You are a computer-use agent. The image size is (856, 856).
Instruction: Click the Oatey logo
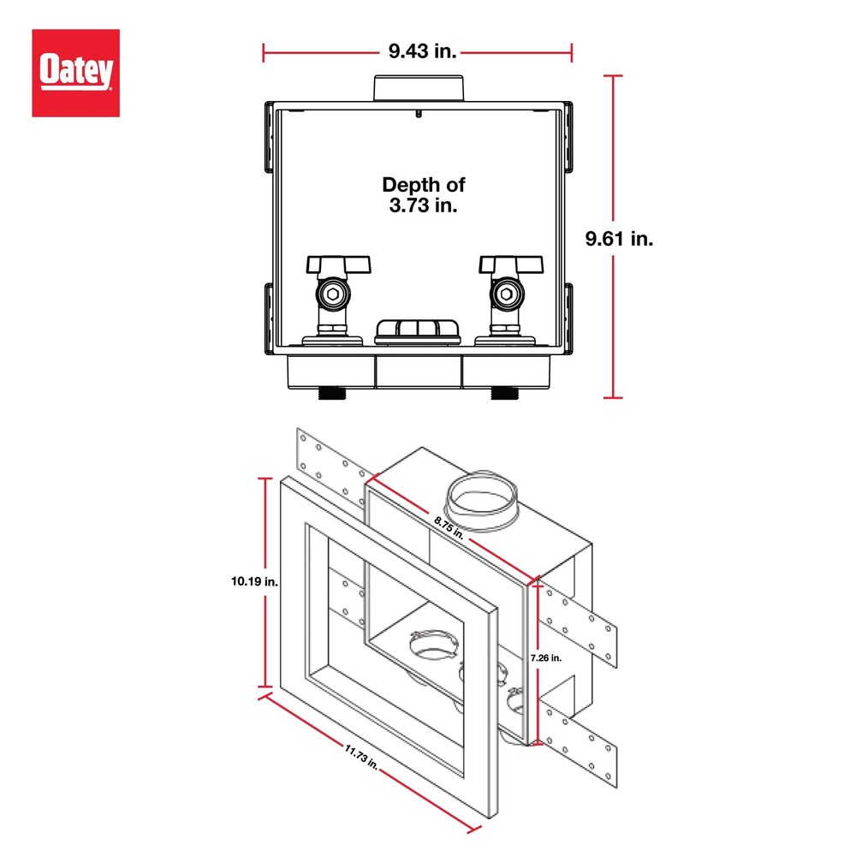(x=75, y=73)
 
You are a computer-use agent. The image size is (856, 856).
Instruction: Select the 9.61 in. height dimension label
(x=619, y=239)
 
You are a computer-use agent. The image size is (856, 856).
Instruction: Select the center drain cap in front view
(x=419, y=331)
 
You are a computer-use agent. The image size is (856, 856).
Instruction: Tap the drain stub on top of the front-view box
(x=419, y=88)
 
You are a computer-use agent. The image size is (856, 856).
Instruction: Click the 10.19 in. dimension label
(x=255, y=581)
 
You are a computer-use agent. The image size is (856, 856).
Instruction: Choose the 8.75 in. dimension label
(x=448, y=525)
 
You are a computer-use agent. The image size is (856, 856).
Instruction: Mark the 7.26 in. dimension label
(x=545, y=657)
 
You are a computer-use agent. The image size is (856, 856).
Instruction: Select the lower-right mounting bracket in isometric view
(x=581, y=744)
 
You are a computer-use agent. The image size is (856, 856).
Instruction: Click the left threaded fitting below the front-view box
(x=330, y=395)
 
